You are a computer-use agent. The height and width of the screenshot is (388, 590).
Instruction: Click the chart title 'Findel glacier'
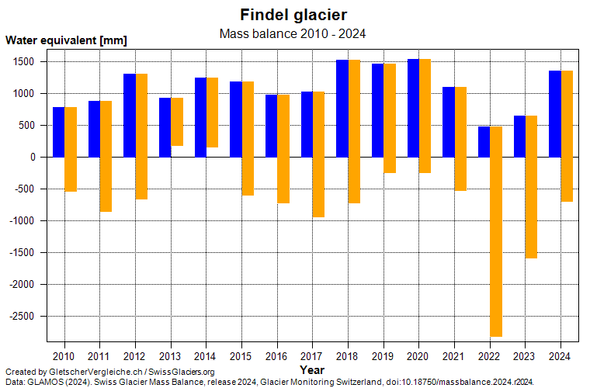click(293, 15)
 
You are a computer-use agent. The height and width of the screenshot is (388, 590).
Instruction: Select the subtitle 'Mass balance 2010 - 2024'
click(293, 33)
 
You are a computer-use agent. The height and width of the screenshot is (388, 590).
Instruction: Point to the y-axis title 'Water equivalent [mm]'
click(66, 40)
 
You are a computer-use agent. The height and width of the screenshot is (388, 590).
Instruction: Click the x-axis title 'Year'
click(312, 370)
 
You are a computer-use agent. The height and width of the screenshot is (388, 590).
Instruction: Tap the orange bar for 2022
click(496, 233)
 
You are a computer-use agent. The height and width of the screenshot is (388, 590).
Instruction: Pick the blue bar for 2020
click(413, 108)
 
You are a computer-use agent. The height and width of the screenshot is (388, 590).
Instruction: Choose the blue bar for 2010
click(58, 132)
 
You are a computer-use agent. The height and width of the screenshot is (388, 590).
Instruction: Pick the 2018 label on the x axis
click(348, 355)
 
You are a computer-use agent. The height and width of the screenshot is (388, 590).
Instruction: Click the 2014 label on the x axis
click(206, 355)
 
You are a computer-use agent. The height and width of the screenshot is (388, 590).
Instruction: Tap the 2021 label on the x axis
click(454, 355)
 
